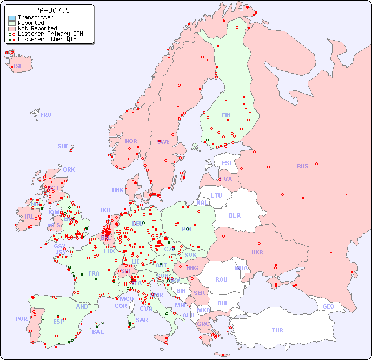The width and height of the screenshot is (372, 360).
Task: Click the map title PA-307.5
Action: tap(52, 10)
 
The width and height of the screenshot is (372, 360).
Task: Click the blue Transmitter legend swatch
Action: tap(12, 18)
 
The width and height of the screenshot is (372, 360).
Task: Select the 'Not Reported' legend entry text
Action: tap(37, 28)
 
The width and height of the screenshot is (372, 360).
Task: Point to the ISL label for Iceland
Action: tap(18, 67)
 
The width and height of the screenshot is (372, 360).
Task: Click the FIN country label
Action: tap(226, 115)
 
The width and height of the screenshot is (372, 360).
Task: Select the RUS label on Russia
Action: tap(302, 166)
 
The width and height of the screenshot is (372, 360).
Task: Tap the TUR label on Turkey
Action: tap(277, 330)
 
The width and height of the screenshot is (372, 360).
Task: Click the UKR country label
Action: tap(257, 252)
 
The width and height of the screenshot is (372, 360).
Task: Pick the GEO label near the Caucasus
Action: tap(328, 306)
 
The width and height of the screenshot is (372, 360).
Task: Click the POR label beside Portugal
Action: tap(21, 319)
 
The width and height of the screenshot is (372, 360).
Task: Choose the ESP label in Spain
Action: tap(58, 321)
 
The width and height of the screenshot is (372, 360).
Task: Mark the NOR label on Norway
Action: tap(131, 141)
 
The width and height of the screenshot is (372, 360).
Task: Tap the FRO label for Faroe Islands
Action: tap(46, 115)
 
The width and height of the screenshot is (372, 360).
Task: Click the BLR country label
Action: tap(235, 215)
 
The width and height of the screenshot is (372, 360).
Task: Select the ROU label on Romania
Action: tap(221, 279)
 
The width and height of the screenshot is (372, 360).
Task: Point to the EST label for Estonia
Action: tap(227, 163)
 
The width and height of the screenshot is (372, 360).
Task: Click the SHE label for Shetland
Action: tap(63, 146)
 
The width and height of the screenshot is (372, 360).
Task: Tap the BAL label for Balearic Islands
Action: tap(98, 332)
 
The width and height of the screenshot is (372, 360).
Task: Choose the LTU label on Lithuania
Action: tap(216, 195)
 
